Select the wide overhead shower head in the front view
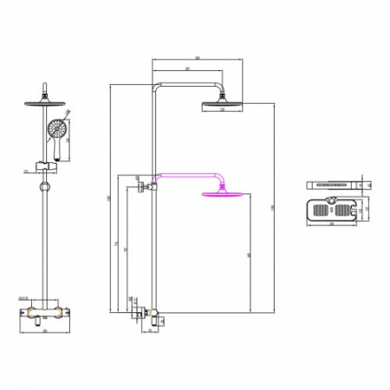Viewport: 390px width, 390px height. [41, 103]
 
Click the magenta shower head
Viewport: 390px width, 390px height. [220, 195]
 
